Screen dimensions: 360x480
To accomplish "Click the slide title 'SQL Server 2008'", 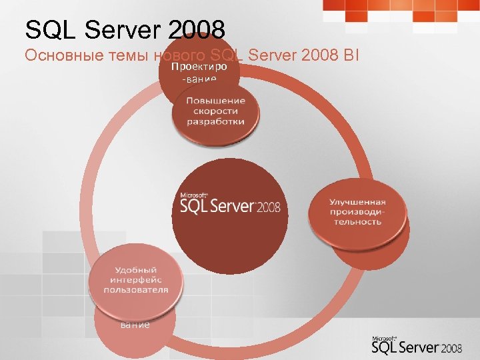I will click(125, 29).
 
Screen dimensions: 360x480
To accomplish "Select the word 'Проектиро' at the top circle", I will click(199, 68).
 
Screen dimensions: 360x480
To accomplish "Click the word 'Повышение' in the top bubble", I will click(215, 100).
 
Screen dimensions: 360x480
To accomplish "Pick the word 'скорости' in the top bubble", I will click(215, 111).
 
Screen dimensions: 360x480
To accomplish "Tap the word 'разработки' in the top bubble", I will click(215, 122).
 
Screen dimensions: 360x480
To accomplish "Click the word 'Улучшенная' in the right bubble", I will click(357, 202).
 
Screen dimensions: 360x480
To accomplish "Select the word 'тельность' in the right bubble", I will click(357, 221).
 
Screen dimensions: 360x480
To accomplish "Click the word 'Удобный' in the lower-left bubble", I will click(136, 269).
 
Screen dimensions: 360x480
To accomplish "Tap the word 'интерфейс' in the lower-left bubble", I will click(136, 280).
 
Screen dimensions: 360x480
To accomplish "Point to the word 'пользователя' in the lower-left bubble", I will click(136, 291).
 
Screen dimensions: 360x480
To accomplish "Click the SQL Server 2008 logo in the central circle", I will click(230, 205).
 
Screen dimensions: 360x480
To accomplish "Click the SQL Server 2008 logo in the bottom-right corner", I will click(417, 345).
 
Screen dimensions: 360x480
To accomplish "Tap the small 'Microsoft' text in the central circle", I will click(190, 195).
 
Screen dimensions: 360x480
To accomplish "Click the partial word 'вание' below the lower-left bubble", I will click(135, 325).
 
